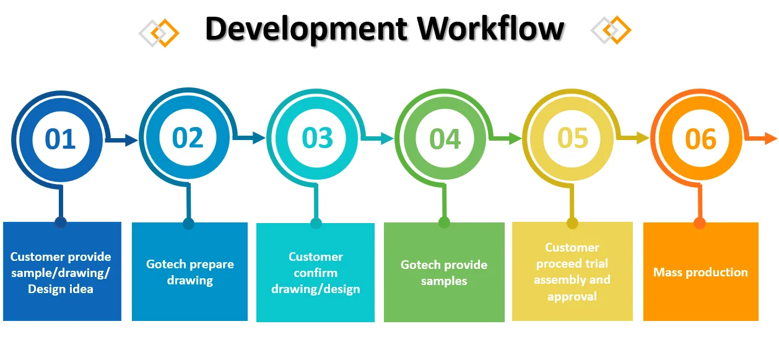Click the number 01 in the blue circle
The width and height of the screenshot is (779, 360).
[61, 139]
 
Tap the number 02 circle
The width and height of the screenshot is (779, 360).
[188, 138]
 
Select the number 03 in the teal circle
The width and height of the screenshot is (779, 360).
[317, 138]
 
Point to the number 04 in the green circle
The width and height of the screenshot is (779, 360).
[445, 139]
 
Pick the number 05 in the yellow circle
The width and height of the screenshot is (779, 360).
[573, 138]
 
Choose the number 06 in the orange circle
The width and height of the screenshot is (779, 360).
[700, 139]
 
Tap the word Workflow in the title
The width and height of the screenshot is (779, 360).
[490, 29]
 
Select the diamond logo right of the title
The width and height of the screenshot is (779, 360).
[611, 30]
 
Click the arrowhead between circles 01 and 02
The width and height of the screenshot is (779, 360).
[131, 141]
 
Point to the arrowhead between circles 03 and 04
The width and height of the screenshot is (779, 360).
[388, 139]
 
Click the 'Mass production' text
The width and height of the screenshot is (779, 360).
[700, 272]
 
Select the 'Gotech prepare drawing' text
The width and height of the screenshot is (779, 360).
[189, 272]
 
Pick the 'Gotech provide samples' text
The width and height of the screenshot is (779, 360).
[444, 273]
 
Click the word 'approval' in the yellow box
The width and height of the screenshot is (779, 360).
[572, 296]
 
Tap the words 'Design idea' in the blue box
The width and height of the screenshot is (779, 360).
[61, 289]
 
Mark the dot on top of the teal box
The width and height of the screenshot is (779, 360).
[316, 224]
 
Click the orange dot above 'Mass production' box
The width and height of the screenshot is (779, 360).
[700, 223]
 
